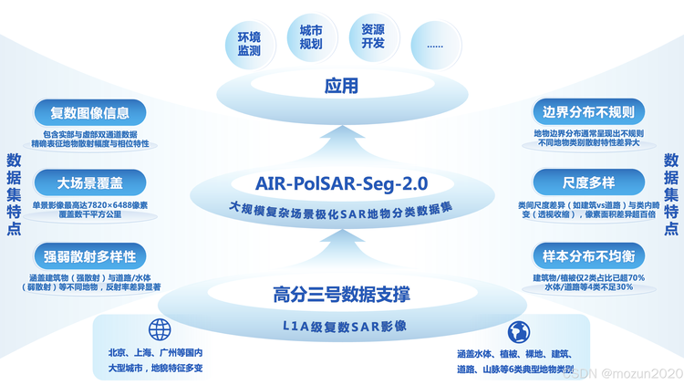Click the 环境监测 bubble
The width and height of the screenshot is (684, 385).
(250, 44)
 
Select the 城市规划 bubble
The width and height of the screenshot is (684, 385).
(312, 37)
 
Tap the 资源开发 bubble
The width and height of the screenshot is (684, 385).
(374, 36)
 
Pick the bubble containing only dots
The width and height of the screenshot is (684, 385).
(436, 45)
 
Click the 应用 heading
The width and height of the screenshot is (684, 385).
(342, 86)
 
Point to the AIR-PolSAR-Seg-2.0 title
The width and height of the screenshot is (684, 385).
(342, 183)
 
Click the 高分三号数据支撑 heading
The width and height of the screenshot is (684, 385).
(342, 294)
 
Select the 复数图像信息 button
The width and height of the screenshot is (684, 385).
(90, 113)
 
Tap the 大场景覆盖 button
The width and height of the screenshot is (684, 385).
(90, 182)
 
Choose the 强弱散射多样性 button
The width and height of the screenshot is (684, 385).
(90, 256)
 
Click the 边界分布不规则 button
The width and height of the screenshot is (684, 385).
(588, 112)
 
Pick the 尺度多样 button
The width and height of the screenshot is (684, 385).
(588, 182)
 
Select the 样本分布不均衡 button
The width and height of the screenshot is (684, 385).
(588, 256)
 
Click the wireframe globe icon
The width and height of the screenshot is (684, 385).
(160, 329)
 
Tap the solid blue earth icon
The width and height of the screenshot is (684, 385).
(519, 332)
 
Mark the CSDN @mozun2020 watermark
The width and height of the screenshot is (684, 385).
(623, 374)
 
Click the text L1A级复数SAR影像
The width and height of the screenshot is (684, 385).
(345, 326)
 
